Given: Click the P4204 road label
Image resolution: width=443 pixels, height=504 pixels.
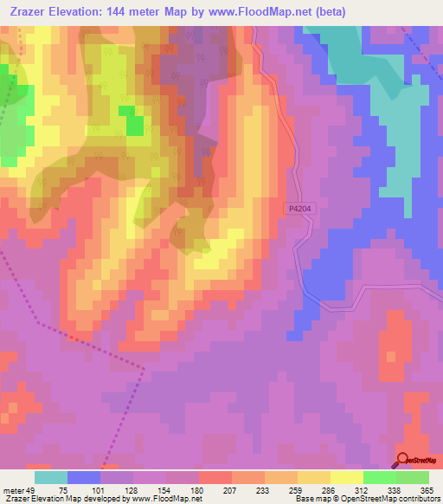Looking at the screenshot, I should click(x=296, y=209).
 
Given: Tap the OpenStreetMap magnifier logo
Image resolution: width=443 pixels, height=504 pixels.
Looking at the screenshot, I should click(x=403, y=461).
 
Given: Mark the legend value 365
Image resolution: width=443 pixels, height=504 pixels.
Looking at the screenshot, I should click(x=427, y=489).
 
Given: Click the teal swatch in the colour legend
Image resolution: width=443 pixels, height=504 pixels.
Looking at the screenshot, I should click(x=50, y=477).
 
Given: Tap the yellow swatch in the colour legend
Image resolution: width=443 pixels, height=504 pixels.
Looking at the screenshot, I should click(x=346, y=477).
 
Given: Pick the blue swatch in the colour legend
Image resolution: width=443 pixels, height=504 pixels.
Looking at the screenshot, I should click(x=83, y=477).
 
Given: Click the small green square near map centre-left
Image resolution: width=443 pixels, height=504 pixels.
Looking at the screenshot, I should click(x=135, y=124).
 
